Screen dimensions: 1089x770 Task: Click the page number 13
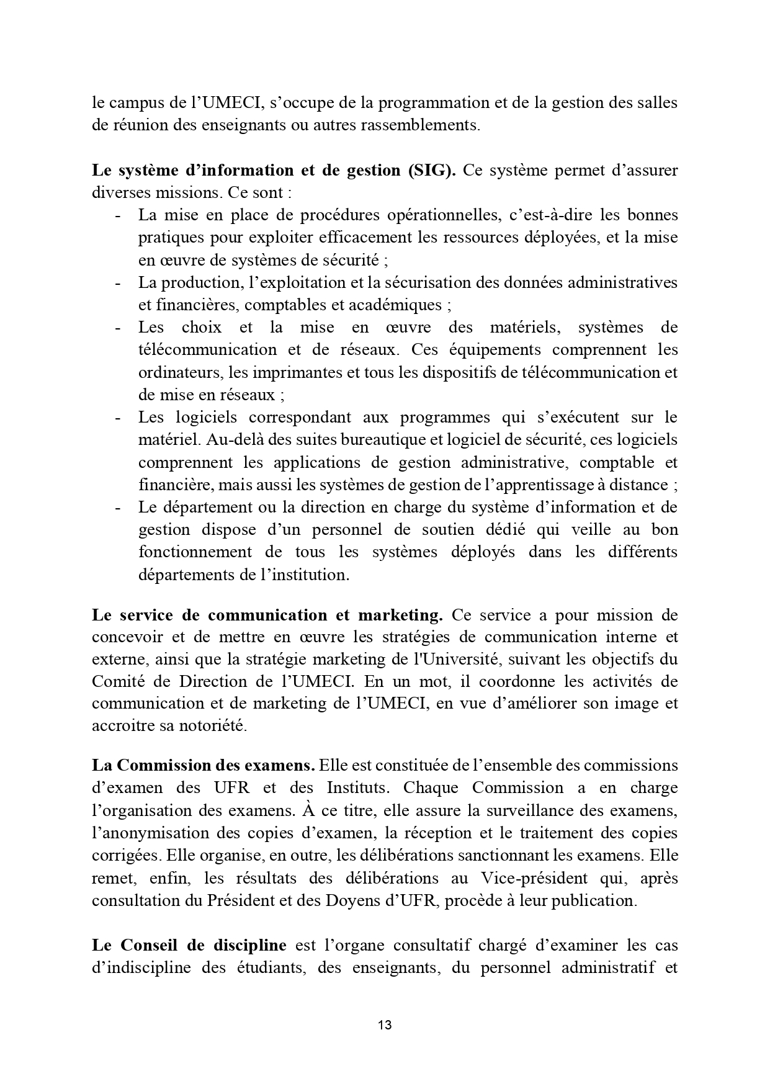385,1024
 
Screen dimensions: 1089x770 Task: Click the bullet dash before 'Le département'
117,508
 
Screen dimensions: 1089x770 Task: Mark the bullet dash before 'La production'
117,283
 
